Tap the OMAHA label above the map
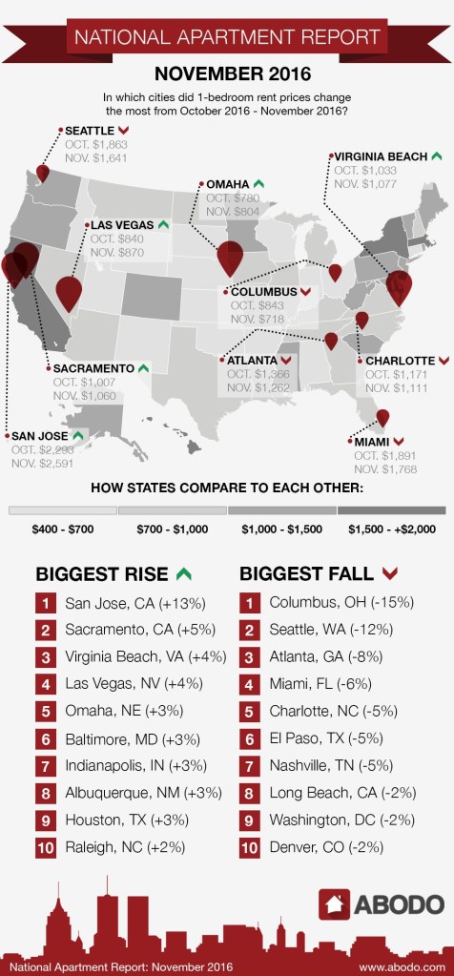[x=226, y=184]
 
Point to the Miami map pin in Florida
[x=382, y=417]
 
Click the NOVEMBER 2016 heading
[x=227, y=73]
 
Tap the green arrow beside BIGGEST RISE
[x=183, y=573]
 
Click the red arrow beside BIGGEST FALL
[x=388, y=573]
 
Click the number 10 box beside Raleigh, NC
[x=46, y=846]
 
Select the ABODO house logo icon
[x=335, y=903]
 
